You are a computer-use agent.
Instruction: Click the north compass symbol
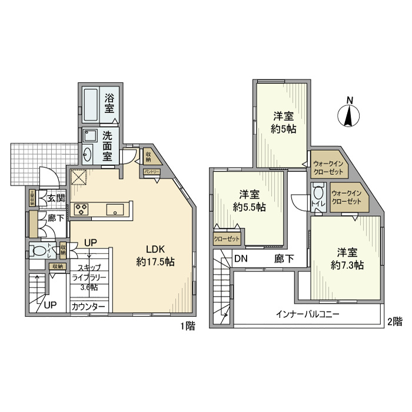(348, 113)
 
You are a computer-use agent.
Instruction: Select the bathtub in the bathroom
(91, 104)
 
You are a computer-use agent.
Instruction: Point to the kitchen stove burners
(81, 208)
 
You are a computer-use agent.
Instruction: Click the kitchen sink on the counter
(114, 208)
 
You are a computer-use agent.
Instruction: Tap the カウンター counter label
(89, 307)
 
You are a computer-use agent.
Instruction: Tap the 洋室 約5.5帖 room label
(249, 200)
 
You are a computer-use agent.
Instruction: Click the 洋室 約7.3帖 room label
(347, 258)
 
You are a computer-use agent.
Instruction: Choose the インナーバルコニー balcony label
(307, 314)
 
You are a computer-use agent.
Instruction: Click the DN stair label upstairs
(240, 258)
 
